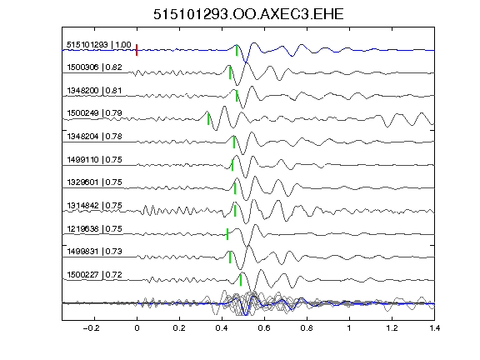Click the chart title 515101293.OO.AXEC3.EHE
point(248,14)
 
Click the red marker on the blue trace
point(137,50)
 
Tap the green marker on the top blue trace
point(237,50)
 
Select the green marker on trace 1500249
point(208,119)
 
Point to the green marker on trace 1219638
point(227,234)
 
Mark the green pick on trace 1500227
point(241,280)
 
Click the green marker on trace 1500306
point(230,72)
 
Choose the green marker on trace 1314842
point(235,211)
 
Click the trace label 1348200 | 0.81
point(94,91)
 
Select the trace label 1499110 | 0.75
point(94,159)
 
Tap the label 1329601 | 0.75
point(94,182)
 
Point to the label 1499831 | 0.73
point(94,252)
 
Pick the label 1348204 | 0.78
point(94,136)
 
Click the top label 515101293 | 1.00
point(99,45)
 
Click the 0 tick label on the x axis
point(137,328)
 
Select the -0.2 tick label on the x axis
point(92,328)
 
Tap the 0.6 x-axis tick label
point(264,328)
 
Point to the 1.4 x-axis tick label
point(434,328)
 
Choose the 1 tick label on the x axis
point(349,328)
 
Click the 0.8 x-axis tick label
point(307,328)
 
